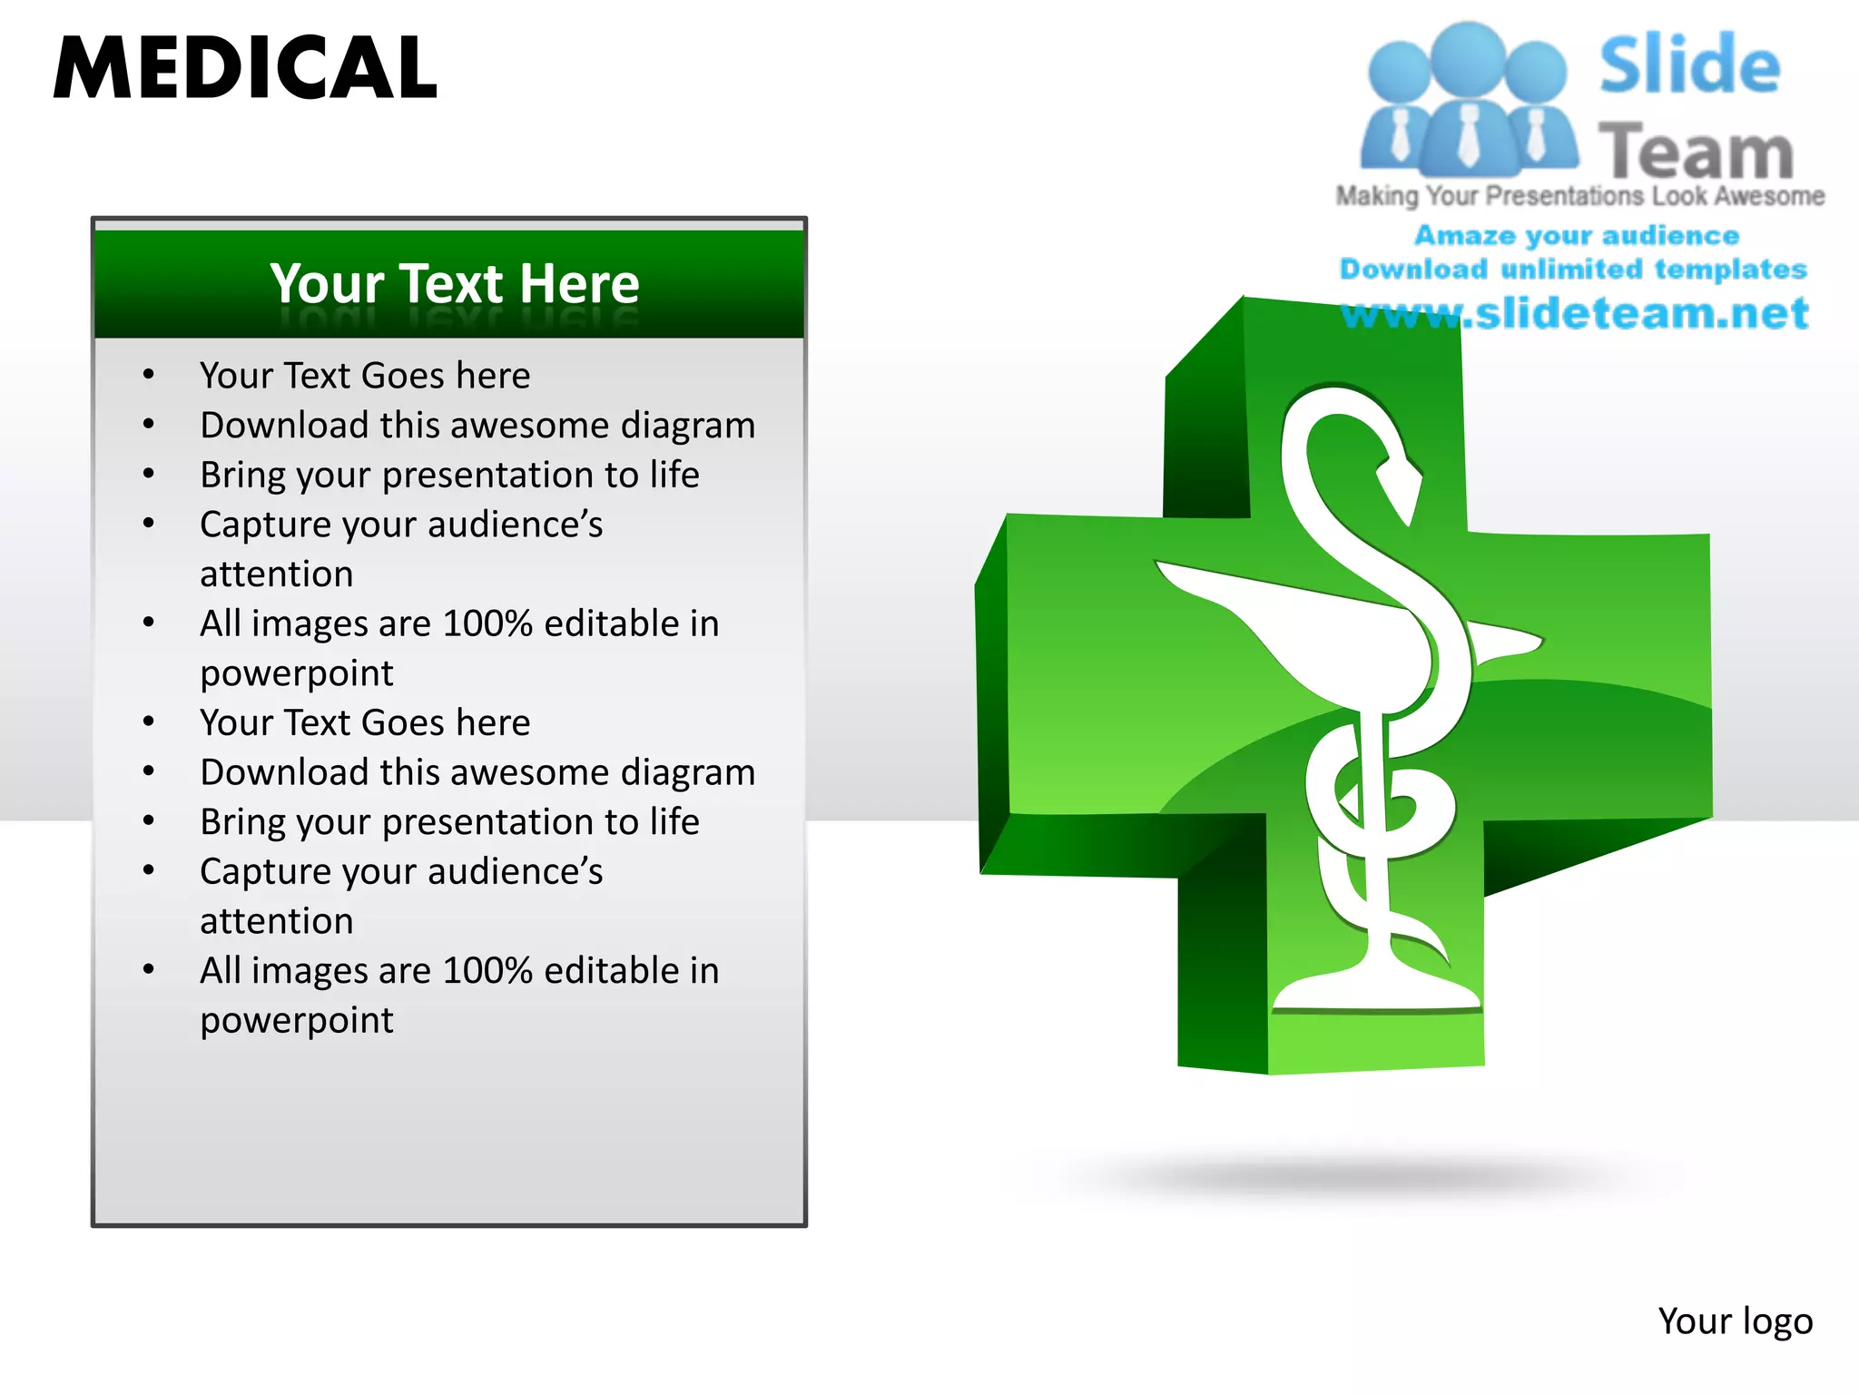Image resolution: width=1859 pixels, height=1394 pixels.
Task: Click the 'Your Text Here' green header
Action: coord(454,283)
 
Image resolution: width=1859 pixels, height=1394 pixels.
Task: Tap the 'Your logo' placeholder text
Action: coord(1735,1321)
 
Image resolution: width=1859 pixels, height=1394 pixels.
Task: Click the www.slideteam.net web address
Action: coord(1575,313)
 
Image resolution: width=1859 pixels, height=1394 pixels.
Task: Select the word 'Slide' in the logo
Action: coord(1689,65)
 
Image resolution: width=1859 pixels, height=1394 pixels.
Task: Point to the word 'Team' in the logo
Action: coord(1696,152)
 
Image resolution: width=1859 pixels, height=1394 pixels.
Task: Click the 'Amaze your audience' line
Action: coord(1577,235)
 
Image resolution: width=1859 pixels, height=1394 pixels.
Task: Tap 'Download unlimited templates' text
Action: coord(1573,269)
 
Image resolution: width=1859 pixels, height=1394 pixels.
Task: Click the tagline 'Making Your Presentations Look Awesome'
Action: coord(1579,196)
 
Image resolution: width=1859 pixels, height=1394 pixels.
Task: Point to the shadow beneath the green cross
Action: coord(1362,1175)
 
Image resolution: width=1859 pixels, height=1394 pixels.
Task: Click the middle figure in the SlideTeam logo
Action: coord(1468,100)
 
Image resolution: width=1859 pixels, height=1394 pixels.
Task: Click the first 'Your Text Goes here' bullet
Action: coord(365,376)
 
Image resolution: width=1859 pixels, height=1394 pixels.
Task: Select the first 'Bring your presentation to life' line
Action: coord(449,475)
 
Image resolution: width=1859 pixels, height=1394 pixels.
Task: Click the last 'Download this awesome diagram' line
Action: coord(477,772)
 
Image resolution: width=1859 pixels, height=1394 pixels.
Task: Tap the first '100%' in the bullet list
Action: coord(487,623)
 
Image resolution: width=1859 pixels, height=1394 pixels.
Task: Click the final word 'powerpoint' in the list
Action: coord(297,1021)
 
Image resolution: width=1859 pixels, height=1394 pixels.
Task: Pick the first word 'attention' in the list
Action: coord(277,574)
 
